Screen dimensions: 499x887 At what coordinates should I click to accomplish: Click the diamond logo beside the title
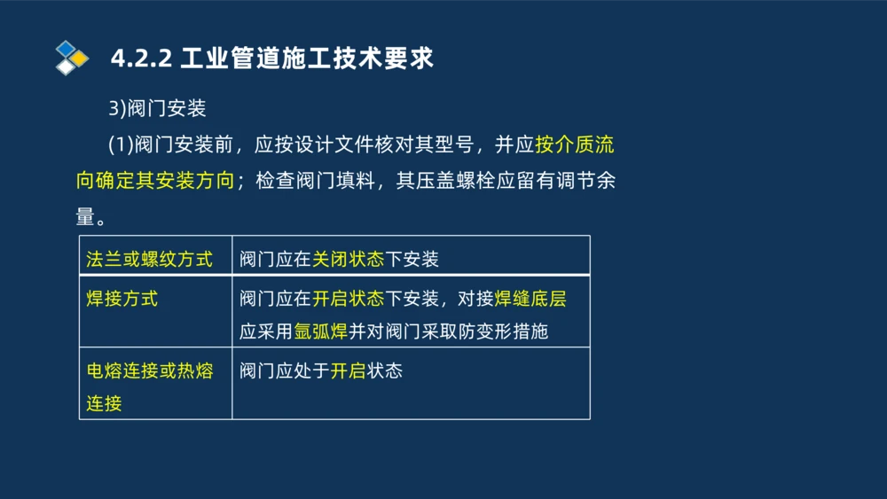pos(72,58)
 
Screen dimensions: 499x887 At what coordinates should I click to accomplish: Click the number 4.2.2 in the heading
pos(140,58)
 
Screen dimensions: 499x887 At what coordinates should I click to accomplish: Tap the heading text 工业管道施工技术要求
pos(307,58)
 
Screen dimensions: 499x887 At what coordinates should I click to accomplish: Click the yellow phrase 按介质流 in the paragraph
pos(575,144)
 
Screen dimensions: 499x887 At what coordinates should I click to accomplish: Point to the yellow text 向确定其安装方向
pos(155,181)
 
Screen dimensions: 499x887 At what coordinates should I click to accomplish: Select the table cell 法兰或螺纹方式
pos(150,260)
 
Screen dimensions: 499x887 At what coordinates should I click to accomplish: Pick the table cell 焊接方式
pos(122,299)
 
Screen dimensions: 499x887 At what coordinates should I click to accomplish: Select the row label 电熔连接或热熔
pos(150,370)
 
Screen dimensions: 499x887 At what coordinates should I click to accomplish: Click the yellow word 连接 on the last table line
pos(104,403)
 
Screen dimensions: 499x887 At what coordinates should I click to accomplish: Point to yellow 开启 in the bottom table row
pos(348,370)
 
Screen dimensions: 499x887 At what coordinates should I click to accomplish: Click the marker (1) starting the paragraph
pos(120,144)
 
